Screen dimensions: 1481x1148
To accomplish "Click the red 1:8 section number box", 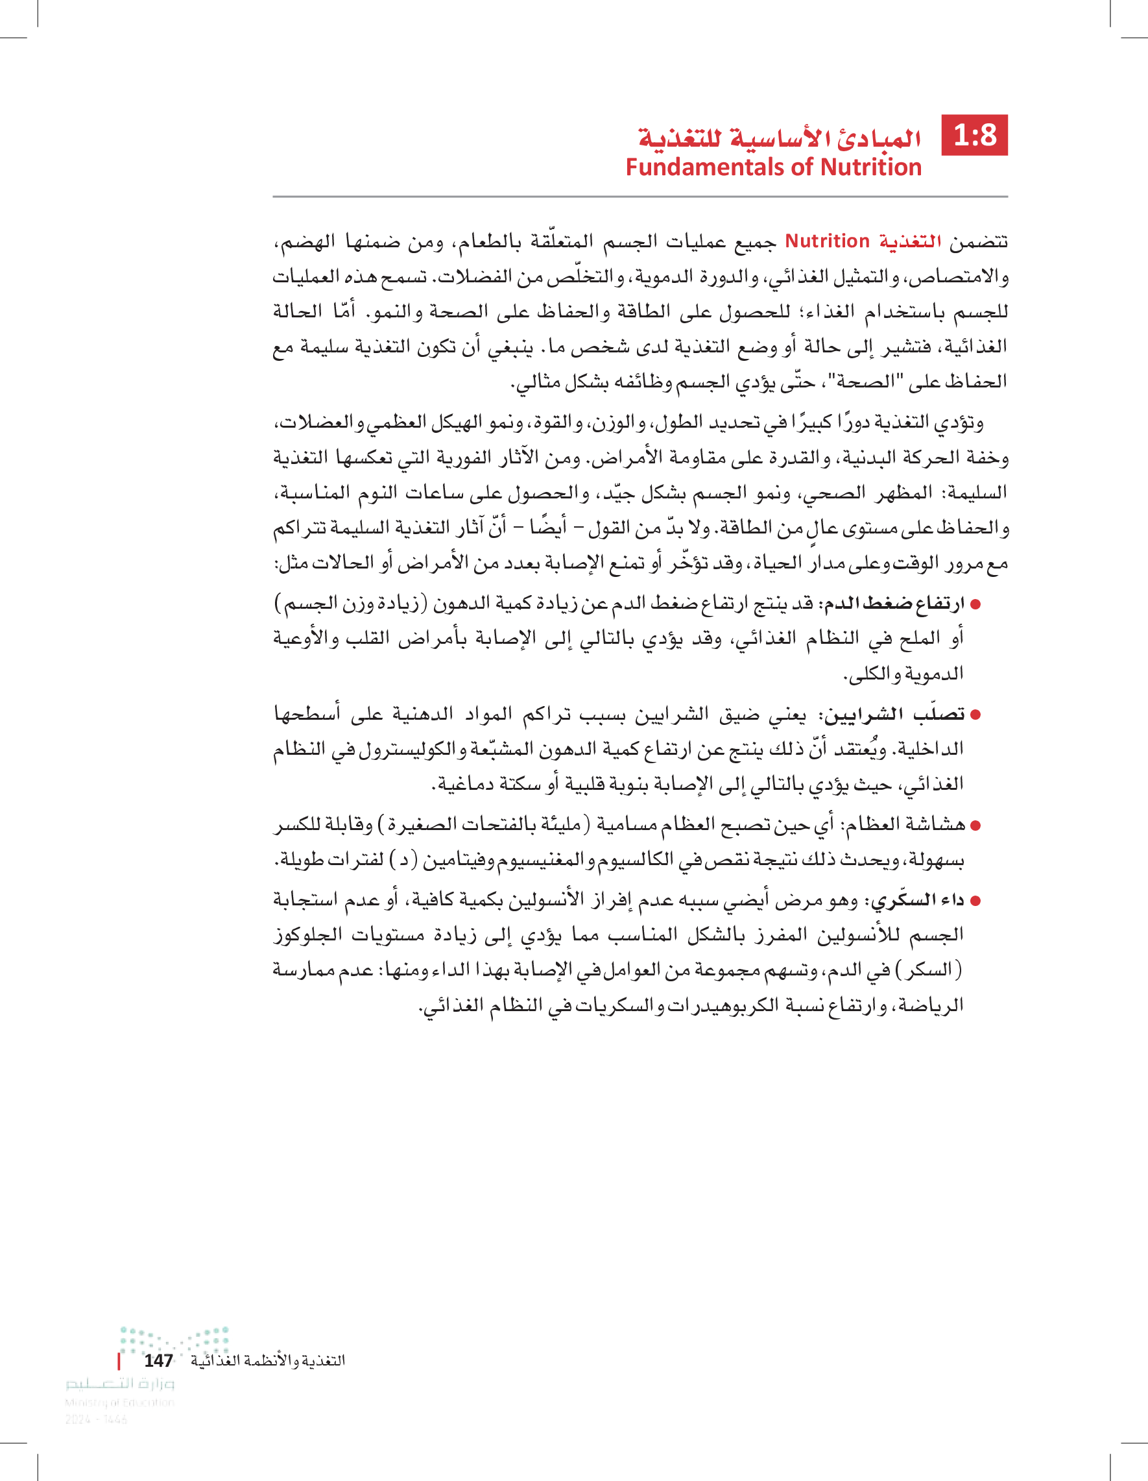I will click(975, 135).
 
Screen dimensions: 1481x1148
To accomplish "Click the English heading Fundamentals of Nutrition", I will click(773, 167).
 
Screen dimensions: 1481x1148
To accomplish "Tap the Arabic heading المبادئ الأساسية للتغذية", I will click(780, 138).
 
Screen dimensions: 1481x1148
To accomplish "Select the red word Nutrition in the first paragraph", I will click(827, 241).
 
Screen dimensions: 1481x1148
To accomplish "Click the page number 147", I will click(158, 1360).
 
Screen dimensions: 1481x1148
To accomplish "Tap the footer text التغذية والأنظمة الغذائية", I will click(268, 1360).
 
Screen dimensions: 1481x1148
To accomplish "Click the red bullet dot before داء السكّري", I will click(975, 901).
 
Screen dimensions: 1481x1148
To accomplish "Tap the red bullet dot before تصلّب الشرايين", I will click(975, 715).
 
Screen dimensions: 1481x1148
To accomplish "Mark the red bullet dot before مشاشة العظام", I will click(975, 826).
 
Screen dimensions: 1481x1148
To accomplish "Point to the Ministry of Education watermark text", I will click(119, 1402).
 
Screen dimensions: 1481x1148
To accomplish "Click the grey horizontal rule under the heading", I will click(640, 197).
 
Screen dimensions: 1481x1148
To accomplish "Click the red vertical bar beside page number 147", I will click(119, 1360).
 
